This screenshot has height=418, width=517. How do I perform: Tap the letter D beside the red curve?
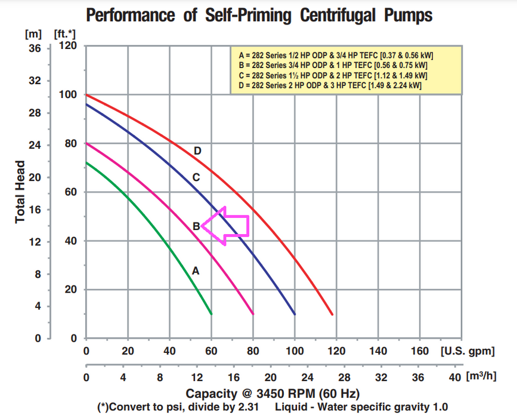tap(197, 151)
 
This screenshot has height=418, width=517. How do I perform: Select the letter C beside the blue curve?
tap(196, 177)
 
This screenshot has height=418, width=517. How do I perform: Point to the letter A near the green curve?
tap(195, 271)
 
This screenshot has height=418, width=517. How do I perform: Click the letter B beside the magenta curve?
tap(196, 226)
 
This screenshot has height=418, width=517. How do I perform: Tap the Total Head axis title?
tap(20, 192)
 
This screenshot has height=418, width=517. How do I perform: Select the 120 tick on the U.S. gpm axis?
tap(336, 351)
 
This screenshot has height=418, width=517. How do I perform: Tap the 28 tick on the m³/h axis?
tap(344, 377)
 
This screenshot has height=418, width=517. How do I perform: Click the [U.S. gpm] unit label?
tap(468, 351)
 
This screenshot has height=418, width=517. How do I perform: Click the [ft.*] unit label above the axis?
tap(65, 33)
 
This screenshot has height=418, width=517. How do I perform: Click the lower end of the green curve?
tap(211, 313)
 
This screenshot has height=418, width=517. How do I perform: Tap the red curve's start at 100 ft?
tap(87, 95)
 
